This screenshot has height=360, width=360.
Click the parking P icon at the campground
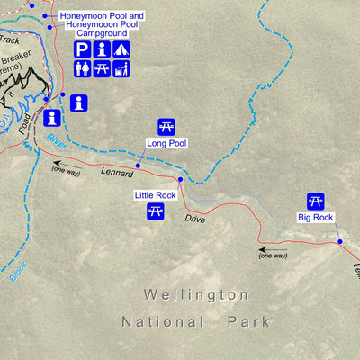click(x=83, y=49)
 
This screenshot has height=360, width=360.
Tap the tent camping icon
click(x=121, y=49)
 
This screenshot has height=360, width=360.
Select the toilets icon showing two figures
click(x=83, y=67)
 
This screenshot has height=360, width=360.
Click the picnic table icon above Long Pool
click(x=166, y=127)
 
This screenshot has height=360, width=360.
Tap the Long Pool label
click(x=166, y=143)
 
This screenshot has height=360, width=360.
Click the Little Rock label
click(x=155, y=195)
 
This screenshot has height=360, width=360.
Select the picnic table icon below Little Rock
click(x=155, y=211)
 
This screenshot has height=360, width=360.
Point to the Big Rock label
click(x=315, y=218)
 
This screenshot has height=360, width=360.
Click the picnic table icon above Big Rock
click(x=315, y=202)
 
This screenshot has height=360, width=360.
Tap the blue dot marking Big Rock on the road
click(x=340, y=242)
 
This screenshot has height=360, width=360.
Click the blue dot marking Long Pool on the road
click(x=138, y=166)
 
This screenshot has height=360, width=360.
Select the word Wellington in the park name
click(x=196, y=295)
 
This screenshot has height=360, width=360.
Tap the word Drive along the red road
click(x=195, y=219)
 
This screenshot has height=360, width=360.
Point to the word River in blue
click(x=58, y=140)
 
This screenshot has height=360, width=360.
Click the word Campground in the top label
click(x=101, y=32)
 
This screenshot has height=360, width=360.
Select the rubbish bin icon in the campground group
click(x=121, y=67)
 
